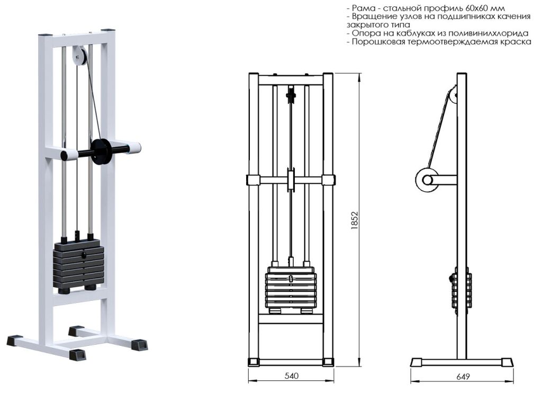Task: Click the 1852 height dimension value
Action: click(x=355, y=221)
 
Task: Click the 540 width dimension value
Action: click(x=292, y=376)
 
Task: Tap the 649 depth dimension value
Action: click(x=463, y=377)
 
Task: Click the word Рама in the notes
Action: click(x=363, y=8)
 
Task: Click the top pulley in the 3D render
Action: click(x=80, y=57)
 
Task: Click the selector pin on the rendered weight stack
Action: click(x=84, y=255)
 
